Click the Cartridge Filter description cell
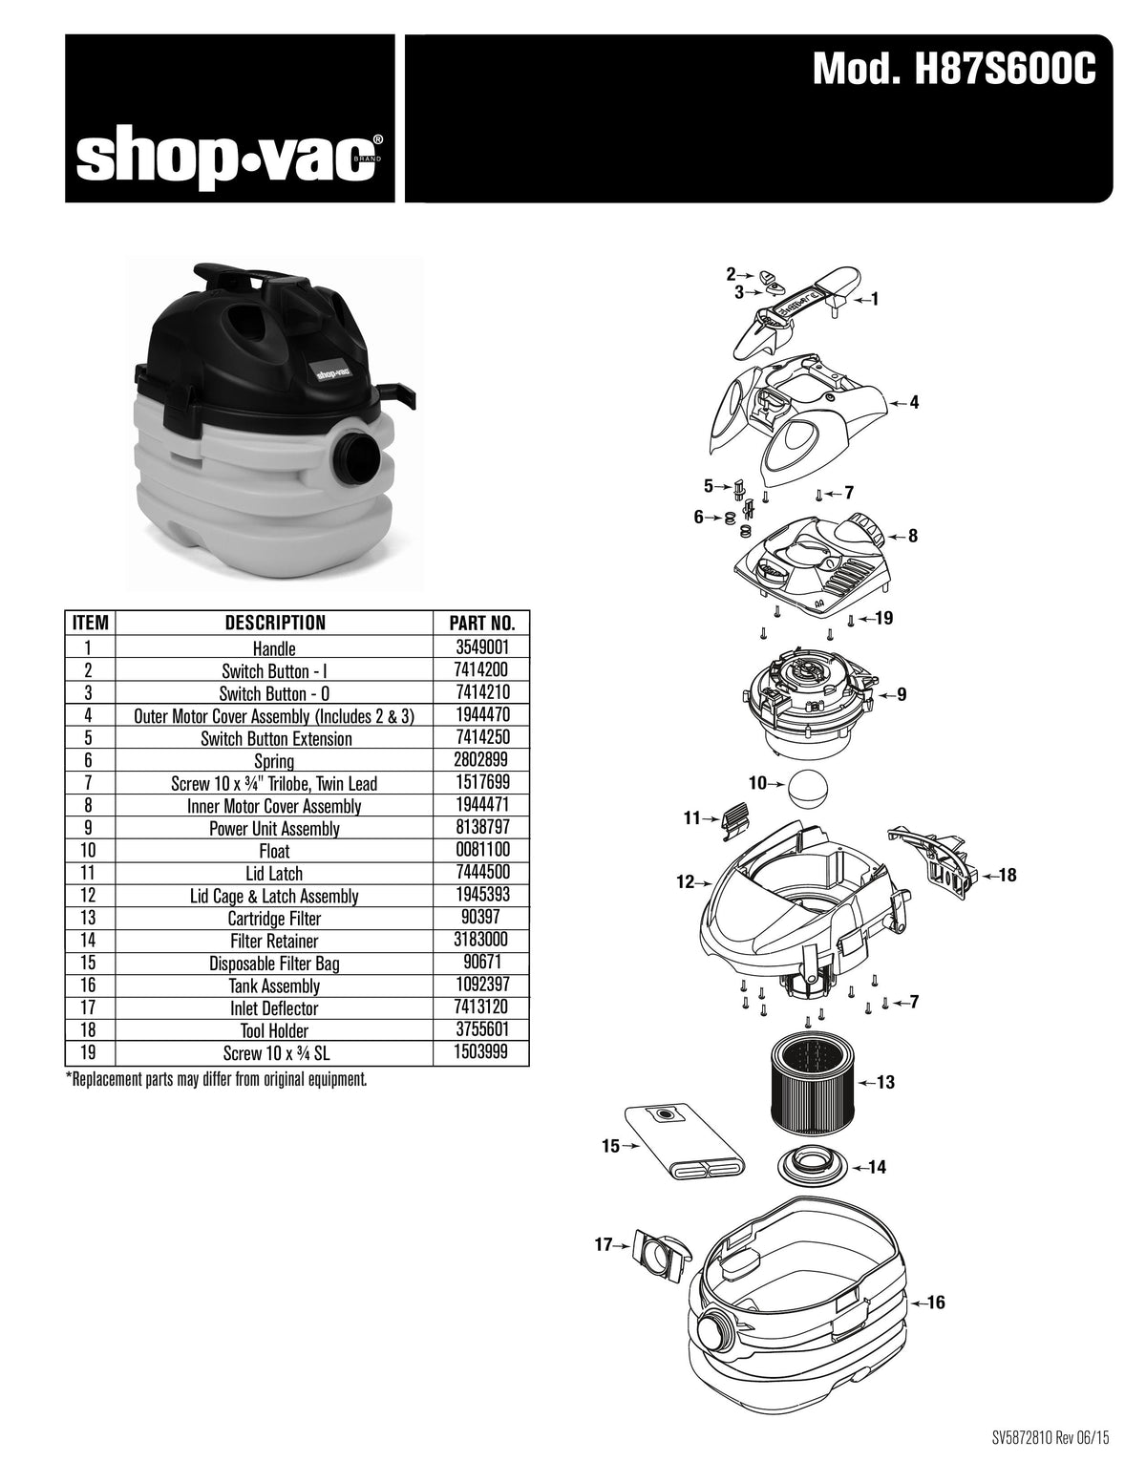coord(274,919)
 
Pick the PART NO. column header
coord(481,624)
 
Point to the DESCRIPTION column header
coord(274,624)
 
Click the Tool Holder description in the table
coord(274,1030)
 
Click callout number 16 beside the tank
coord(936,1303)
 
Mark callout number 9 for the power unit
coord(902,695)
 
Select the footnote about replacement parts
coord(216,1080)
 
